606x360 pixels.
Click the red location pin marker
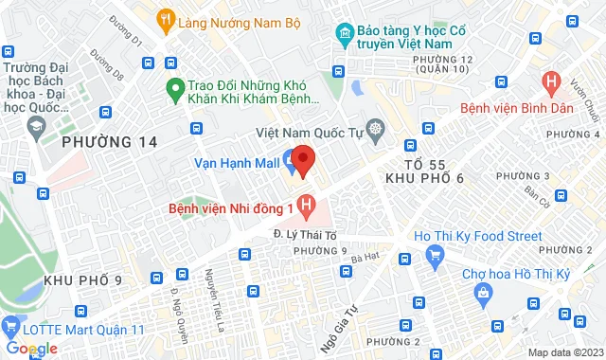[x=301, y=160]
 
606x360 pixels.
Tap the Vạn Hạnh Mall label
[x=238, y=163]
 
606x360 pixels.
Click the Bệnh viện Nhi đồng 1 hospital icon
[x=305, y=203]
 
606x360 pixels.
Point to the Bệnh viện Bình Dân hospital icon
[x=550, y=82]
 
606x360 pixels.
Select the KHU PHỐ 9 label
[x=82, y=280]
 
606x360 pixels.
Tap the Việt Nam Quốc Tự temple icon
[x=376, y=129]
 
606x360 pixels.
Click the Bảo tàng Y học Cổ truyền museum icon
[x=342, y=33]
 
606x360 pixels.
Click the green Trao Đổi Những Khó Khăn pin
[x=173, y=91]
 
